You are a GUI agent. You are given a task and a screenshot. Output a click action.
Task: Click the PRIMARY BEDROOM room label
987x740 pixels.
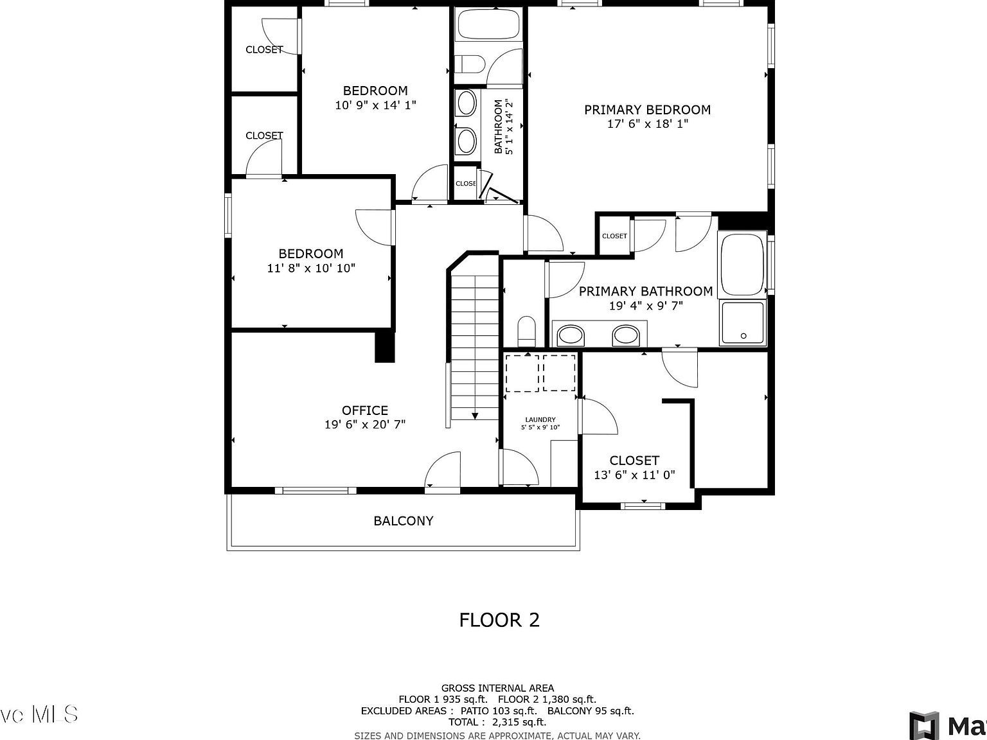click(647, 110)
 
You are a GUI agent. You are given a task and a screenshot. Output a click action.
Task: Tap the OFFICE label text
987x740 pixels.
click(364, 410)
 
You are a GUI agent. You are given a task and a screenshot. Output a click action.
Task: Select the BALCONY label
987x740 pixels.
click(404, 521)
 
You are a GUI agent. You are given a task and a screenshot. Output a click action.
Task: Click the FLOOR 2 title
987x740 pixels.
click(499, 620)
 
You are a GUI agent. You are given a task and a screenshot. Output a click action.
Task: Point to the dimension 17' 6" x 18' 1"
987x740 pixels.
click(647, 124)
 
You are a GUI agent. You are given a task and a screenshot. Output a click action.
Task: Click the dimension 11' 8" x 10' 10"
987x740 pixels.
click(311, 268)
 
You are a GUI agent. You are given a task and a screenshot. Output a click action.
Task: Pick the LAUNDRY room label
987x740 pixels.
click(540, 419)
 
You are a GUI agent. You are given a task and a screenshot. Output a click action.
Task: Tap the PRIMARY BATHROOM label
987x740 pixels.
click(646, 292)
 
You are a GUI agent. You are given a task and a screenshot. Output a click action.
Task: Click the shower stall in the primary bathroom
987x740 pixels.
click(743, 322)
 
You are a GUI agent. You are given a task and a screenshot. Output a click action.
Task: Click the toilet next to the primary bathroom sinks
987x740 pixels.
click(526, 330)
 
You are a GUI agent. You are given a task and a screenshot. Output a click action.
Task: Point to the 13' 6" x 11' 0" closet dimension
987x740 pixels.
click(634, 475)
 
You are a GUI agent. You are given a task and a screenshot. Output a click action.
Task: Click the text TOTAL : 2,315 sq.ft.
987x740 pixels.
click(497, 722)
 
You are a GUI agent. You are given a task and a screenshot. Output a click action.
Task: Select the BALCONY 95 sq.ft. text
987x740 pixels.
click(591, 710)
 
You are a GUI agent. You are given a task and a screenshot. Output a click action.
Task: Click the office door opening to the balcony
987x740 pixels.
click(443, 472)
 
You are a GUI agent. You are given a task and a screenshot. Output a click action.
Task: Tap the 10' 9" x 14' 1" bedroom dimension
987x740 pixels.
click(375, 105)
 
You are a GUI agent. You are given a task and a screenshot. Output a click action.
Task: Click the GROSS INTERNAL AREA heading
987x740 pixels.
click(497, 688)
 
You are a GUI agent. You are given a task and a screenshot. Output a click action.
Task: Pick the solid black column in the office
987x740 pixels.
click(384, 347)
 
